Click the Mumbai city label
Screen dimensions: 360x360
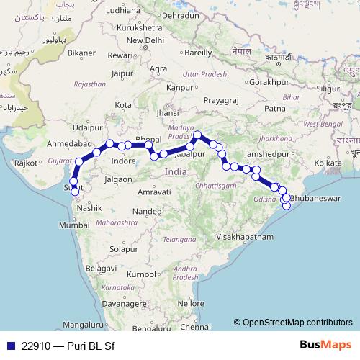click(x=73, y=225)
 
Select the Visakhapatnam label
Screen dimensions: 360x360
click(x=246, y=236)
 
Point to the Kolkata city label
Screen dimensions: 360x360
click(x=328, y=163)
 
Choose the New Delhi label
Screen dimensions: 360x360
click(x=142, y=40)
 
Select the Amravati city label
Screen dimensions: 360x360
click(x=153, y=192)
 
